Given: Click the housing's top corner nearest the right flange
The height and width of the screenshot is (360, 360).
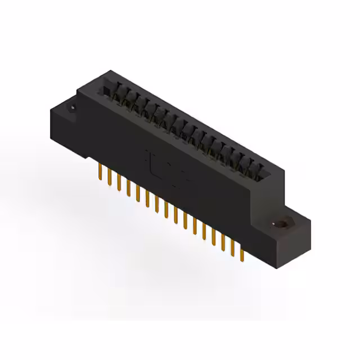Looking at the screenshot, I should [x=285, y=168].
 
